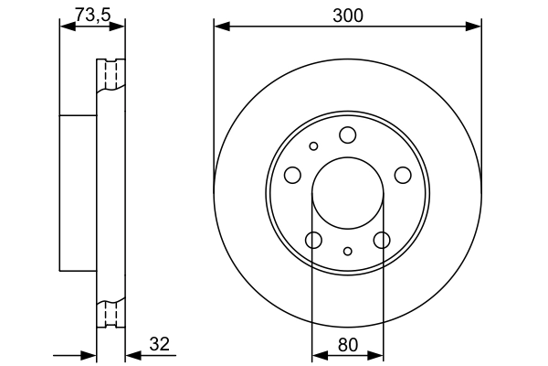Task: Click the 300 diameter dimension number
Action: click(x=347, y=15)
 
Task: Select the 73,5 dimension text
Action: click(x=91, y=15)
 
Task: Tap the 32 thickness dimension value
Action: click(x=159, y=344)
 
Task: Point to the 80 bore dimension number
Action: click(x=347, y=346)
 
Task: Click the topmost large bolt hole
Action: click(x=347, y=135)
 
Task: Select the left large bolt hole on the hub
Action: click(x=292, y=175)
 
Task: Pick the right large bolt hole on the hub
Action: click(x=402, y=175)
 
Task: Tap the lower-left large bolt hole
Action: click(x=313, y=240)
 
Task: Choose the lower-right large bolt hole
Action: click(x=382, y=240)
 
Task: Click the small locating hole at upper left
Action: click(x=313, y=146)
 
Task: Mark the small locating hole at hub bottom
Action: click(x=347, y=251)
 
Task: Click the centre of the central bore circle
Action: click(x=347, y=193)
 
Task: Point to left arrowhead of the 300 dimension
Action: click(x=219, y=27)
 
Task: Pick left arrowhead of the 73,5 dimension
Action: click(x=65, y=27)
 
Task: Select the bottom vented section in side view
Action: click(x=111, y=313)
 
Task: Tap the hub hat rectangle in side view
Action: click(x=79, y=193)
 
